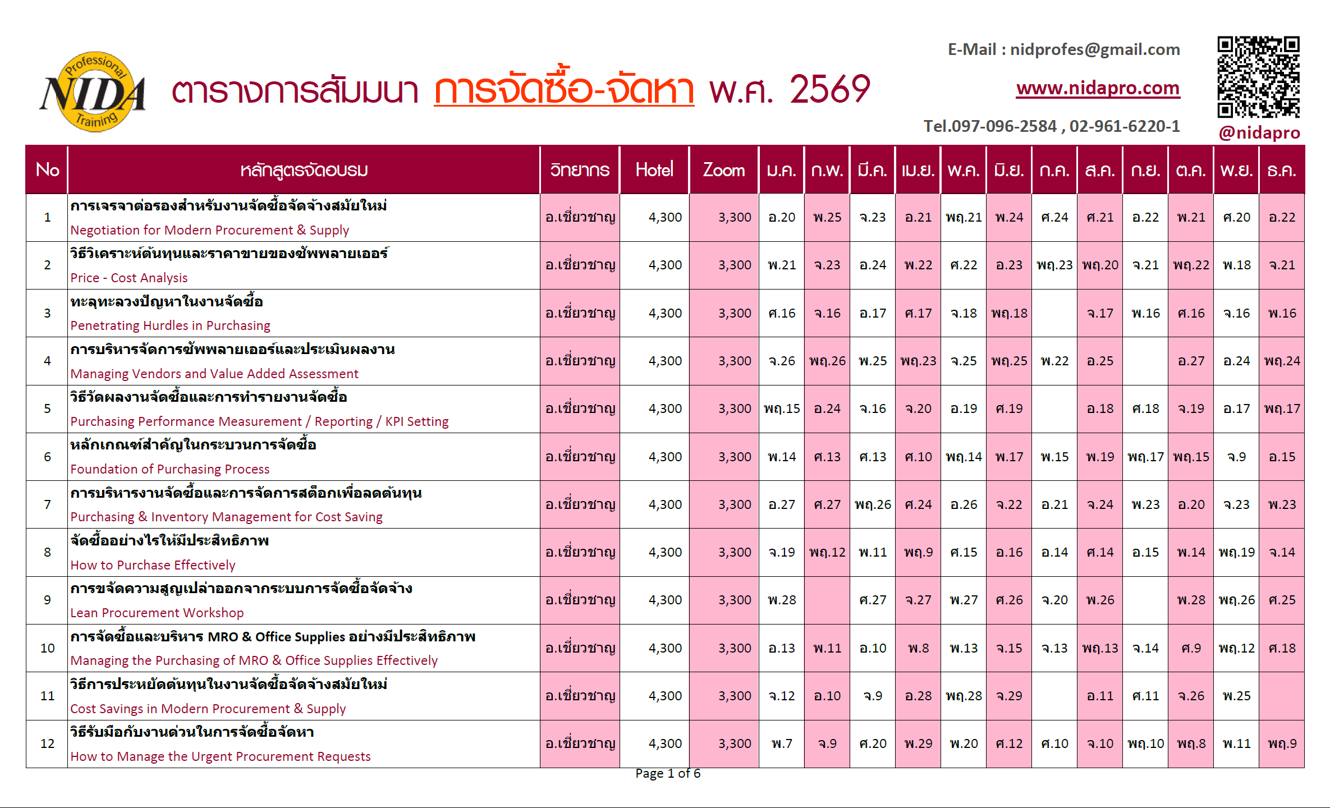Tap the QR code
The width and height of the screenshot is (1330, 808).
tap(1258, 77)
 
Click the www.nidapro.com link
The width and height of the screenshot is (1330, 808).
tap(1098, 88)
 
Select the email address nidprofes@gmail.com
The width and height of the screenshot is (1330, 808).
tap(1095, 49)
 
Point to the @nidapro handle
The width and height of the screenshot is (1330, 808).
tap(1259, 132)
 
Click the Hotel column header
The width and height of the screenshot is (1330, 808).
tap(654, 169)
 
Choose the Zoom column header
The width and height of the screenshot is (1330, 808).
tap(723, 169)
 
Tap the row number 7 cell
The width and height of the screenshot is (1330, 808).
tap(47, 504)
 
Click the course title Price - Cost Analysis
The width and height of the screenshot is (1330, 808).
tap(129, 278)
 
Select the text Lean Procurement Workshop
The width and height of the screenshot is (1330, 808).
tap(157, 613)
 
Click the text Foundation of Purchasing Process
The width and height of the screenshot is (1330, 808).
tap(169, 469)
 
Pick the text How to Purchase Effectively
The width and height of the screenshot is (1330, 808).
tap(153, 565)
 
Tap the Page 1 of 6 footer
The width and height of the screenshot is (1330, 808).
tap(668, 773)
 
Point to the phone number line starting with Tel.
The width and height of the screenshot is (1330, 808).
tap(1052, 126)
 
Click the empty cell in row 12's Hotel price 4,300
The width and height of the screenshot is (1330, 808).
tap(665, 743)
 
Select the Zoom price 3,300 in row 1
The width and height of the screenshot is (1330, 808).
tap(735, 217)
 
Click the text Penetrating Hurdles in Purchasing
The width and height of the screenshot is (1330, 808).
tap(170, 325)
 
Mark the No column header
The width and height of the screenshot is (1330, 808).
tap(47, 169)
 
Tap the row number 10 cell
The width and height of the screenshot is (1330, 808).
tap(47, 648)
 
